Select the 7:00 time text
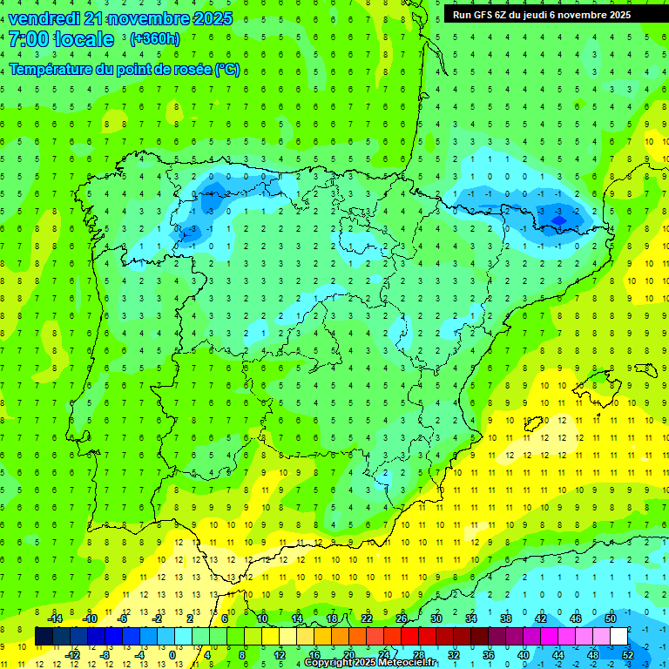point(28,39)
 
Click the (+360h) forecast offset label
point(154,39)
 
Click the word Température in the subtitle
point(51,70)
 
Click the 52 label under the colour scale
point(628,655)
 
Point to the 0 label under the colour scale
point(172,655)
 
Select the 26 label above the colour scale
point(402,618)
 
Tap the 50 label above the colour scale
point(611,618)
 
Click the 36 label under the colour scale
point(488,655)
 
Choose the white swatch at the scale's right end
point(618,637)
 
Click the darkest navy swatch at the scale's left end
point(44,637)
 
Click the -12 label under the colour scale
point(73,655)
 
